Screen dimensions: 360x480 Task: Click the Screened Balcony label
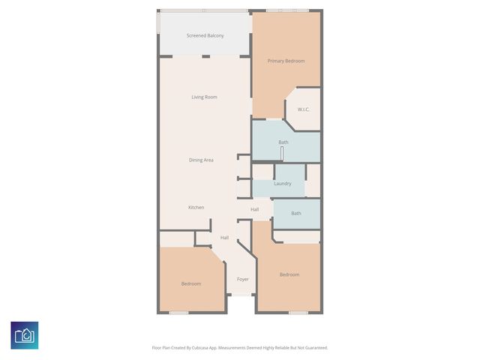pyautogui.click(x=205, y=35)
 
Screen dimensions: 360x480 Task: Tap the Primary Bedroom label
pyautogui.click(x=286, y=61)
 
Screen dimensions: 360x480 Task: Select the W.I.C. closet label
pyautogui.click(x=304, y=109)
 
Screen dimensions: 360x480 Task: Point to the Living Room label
pyautogui.click(x=204, y=97)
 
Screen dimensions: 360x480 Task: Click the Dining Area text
pyautogui.click(x=201, y=160)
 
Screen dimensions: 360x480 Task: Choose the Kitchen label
pyautogui.click(x=196, y=207)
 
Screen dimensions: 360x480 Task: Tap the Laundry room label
pyautogui.click(x=283, y=183)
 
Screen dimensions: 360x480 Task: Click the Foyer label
pyautogui.click(x=243, y=279)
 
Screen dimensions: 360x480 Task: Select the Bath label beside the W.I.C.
pyautogui.click(x=283, y=142)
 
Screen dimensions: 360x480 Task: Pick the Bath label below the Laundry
pyautogui.click(x=296, y=213)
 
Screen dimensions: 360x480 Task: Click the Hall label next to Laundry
pyautogui.click(x=255, y=209)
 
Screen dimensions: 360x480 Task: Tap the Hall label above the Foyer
pyautogui.click(x=224, y=238)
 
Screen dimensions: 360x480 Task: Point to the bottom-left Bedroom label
pyautogui.click(x=191, y=283)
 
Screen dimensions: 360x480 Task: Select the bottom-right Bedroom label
pyautogui.click(x=289, y=274)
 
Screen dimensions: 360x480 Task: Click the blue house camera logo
pyautogui.click(x=24, y=335)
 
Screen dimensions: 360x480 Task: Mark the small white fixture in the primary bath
pyautogui.click(x=282, y=153)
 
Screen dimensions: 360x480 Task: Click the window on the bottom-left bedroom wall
pyautogui.click(x=178, y=313)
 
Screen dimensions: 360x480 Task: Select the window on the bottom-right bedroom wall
pyautogui.click(x=298, y=313)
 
